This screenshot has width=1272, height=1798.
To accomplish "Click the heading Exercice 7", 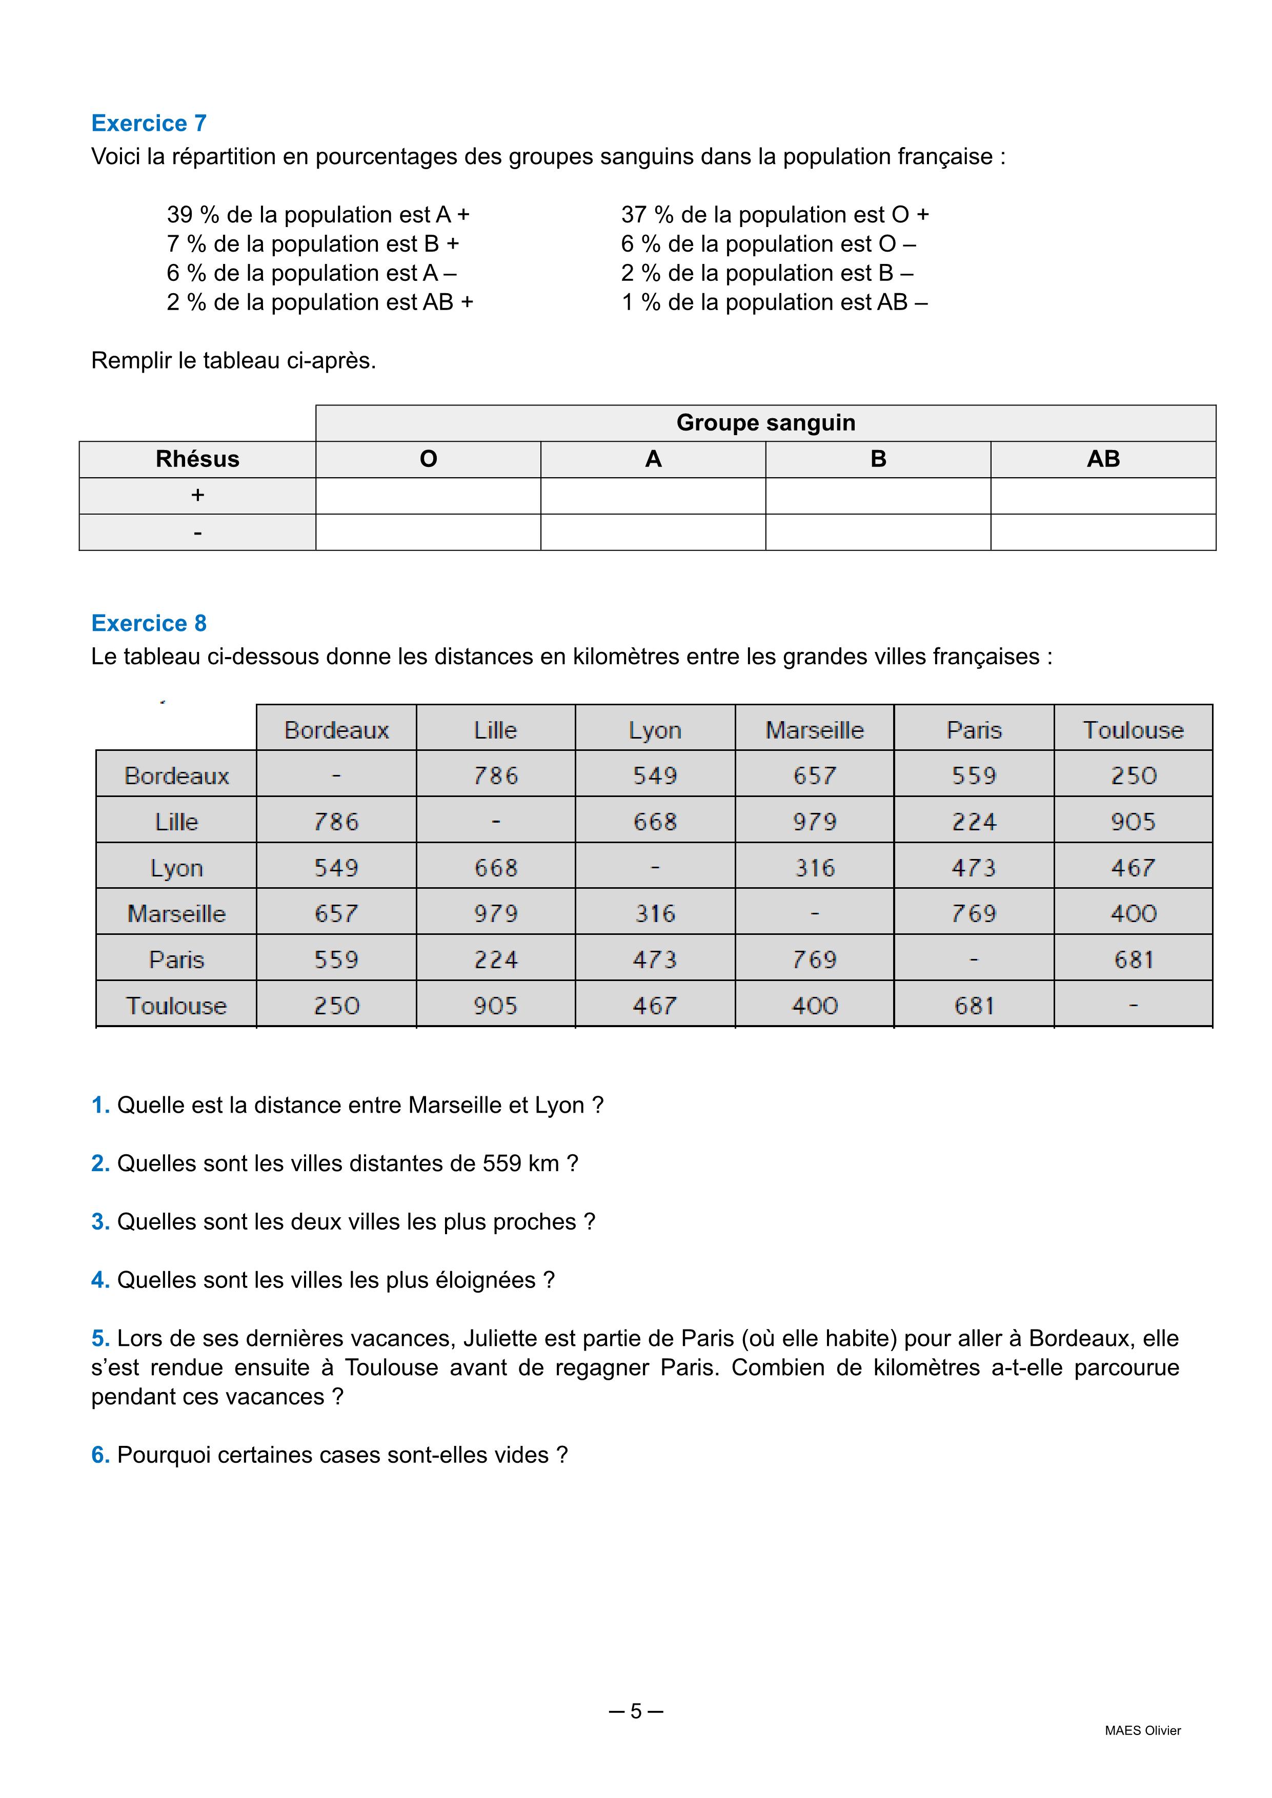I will (149, 123).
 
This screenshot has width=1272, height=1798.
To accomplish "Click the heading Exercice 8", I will (149, 623).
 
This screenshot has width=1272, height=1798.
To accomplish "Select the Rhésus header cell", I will (197, 459).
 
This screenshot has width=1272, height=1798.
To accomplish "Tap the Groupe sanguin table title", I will (765, 423).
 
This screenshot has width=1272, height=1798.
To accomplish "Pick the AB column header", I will (1103, 459).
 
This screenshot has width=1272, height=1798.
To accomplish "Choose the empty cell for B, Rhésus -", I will (878, 533).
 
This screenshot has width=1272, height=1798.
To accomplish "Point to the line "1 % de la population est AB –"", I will (774, 302).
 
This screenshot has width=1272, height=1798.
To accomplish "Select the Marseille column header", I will (815, 730).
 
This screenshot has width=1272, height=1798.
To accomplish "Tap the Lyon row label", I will (177, 868).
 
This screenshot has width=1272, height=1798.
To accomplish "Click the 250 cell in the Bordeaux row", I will (1134, 775).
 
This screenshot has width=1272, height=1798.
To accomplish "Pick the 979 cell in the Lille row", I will (815, 822).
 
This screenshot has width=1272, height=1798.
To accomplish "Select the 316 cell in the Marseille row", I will (655, 913).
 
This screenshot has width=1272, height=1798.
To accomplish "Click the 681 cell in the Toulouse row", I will (974, 1006).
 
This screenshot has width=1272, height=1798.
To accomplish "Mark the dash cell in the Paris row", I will (974, 959).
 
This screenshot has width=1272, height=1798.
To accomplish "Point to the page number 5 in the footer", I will (636, 1711).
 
